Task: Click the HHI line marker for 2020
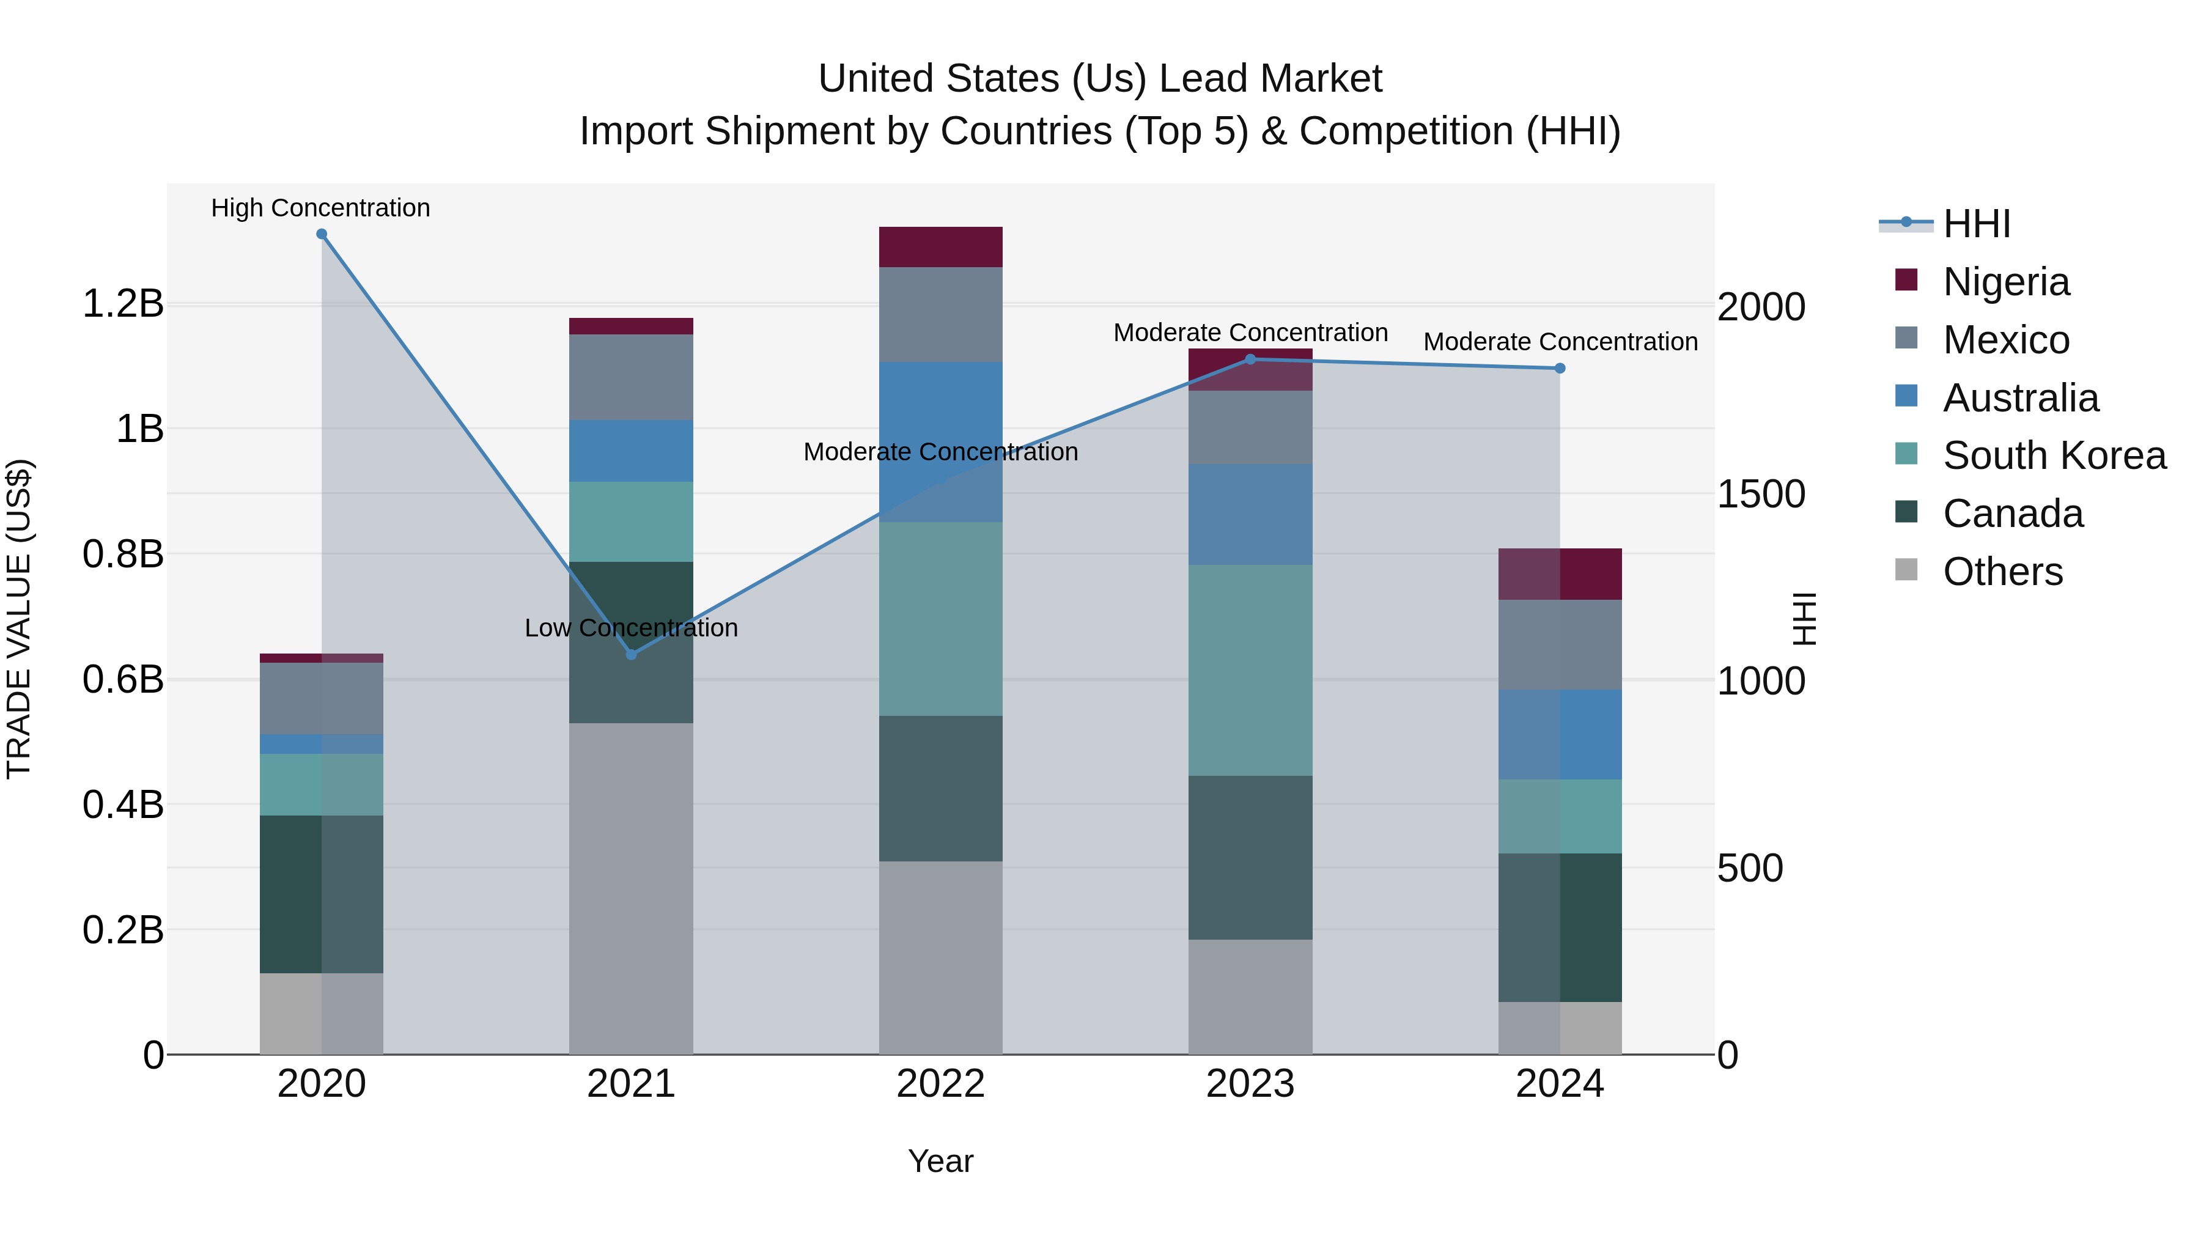tap(321, 234)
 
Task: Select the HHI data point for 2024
tap(1559, 368)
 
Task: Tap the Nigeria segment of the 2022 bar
tap(941, 247)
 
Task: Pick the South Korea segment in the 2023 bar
tap(1250, 670)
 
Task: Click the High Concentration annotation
tap(320, 208)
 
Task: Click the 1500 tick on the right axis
tap(1761, 495)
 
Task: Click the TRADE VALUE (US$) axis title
tap(19, 619)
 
